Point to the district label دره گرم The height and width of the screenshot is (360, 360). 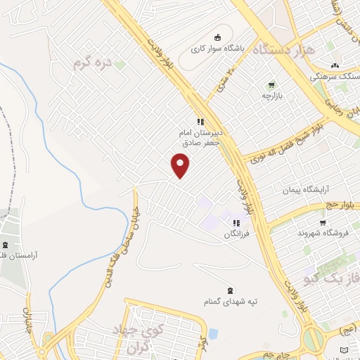91,64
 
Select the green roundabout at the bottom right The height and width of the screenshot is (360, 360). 314,340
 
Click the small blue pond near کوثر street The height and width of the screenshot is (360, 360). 212,333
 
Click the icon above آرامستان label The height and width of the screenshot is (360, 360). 6,245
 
